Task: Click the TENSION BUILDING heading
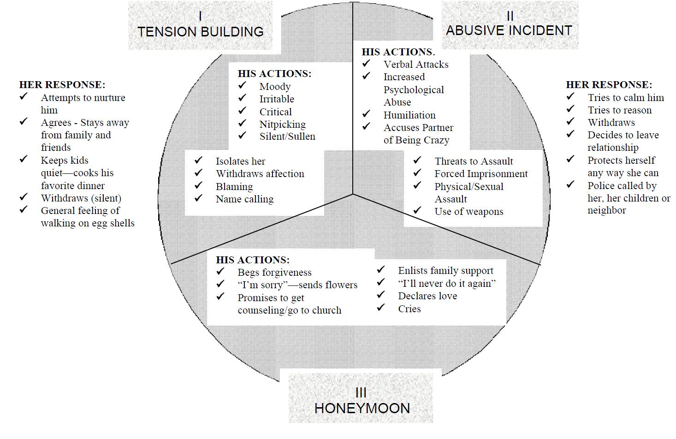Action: tap(201, 31)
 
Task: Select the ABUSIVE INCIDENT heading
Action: tap(509, 30)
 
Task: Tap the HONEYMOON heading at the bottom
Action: tap(362, 408)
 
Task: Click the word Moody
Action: tap(275, 87)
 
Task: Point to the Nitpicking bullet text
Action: tap(282, 124)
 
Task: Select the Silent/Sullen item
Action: tap(287, 136)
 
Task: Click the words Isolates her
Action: tap(240, 161)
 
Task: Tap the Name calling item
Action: tap(244, 199)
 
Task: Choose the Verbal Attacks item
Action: tap(415, 65)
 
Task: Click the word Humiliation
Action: tap(409, 115)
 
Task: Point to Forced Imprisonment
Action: tap(481, 174)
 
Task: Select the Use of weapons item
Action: tap(468, 212)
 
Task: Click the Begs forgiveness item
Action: tap(274, 273)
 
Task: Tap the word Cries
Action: tap(409, 309)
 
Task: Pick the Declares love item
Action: tap(427, 296)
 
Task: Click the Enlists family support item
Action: tap(445, 271)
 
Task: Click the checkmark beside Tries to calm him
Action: tap(570, 96)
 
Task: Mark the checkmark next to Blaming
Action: tap(199, 185)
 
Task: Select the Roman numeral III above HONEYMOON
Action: tap(361, 392)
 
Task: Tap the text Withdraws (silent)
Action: tap(81, 198)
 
